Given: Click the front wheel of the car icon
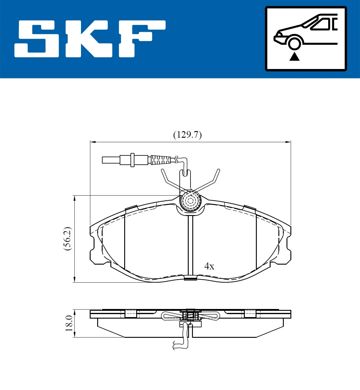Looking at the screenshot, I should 294,43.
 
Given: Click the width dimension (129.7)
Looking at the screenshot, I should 187,135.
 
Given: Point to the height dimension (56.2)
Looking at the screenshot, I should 67,239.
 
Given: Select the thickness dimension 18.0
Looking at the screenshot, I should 69,323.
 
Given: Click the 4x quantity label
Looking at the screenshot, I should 209,266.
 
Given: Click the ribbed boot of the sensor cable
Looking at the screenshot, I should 160,160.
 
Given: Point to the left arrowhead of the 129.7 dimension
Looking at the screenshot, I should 93,142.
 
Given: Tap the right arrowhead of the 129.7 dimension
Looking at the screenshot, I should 288,142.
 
